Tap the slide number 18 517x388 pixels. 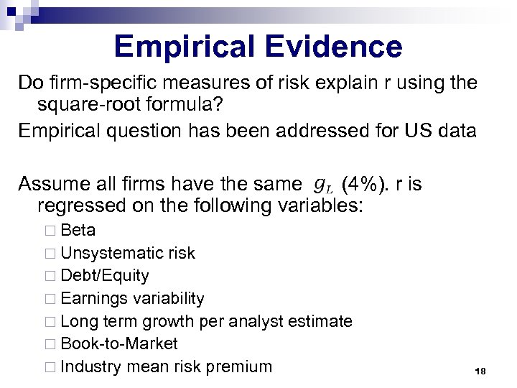coord(480,371)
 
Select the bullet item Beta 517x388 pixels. coord(78,230)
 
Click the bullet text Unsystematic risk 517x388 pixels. coord(128,253)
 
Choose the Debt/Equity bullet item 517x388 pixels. coord(105,276)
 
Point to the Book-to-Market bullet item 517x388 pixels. coord(119,343)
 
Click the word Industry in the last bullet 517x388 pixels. coord(91,366)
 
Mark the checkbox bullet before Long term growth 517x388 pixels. coord(49,322)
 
